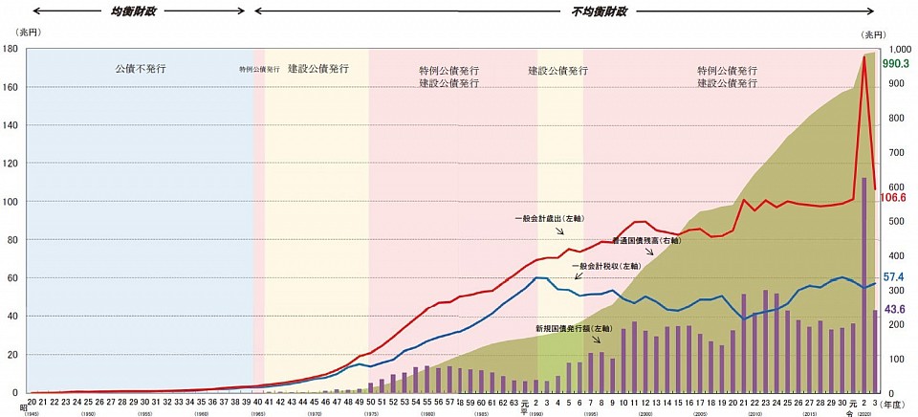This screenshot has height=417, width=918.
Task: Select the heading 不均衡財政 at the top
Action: [x=599, y=11]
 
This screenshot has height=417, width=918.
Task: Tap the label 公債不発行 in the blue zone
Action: [x=141, y=69]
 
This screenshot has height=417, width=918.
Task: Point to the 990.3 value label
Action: [x=896, y=63]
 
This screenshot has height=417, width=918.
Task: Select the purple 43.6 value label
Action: [x=896, y=309]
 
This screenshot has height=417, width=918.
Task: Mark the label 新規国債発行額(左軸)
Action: [x=574, y=327]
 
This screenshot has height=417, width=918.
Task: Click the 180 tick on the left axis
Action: [x=12, y=49]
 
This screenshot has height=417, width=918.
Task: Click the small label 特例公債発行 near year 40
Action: [x=259, y=70]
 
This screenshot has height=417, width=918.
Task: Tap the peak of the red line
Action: [x=864, y=56]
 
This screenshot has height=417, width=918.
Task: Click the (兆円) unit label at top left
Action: [x=18, y=33]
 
